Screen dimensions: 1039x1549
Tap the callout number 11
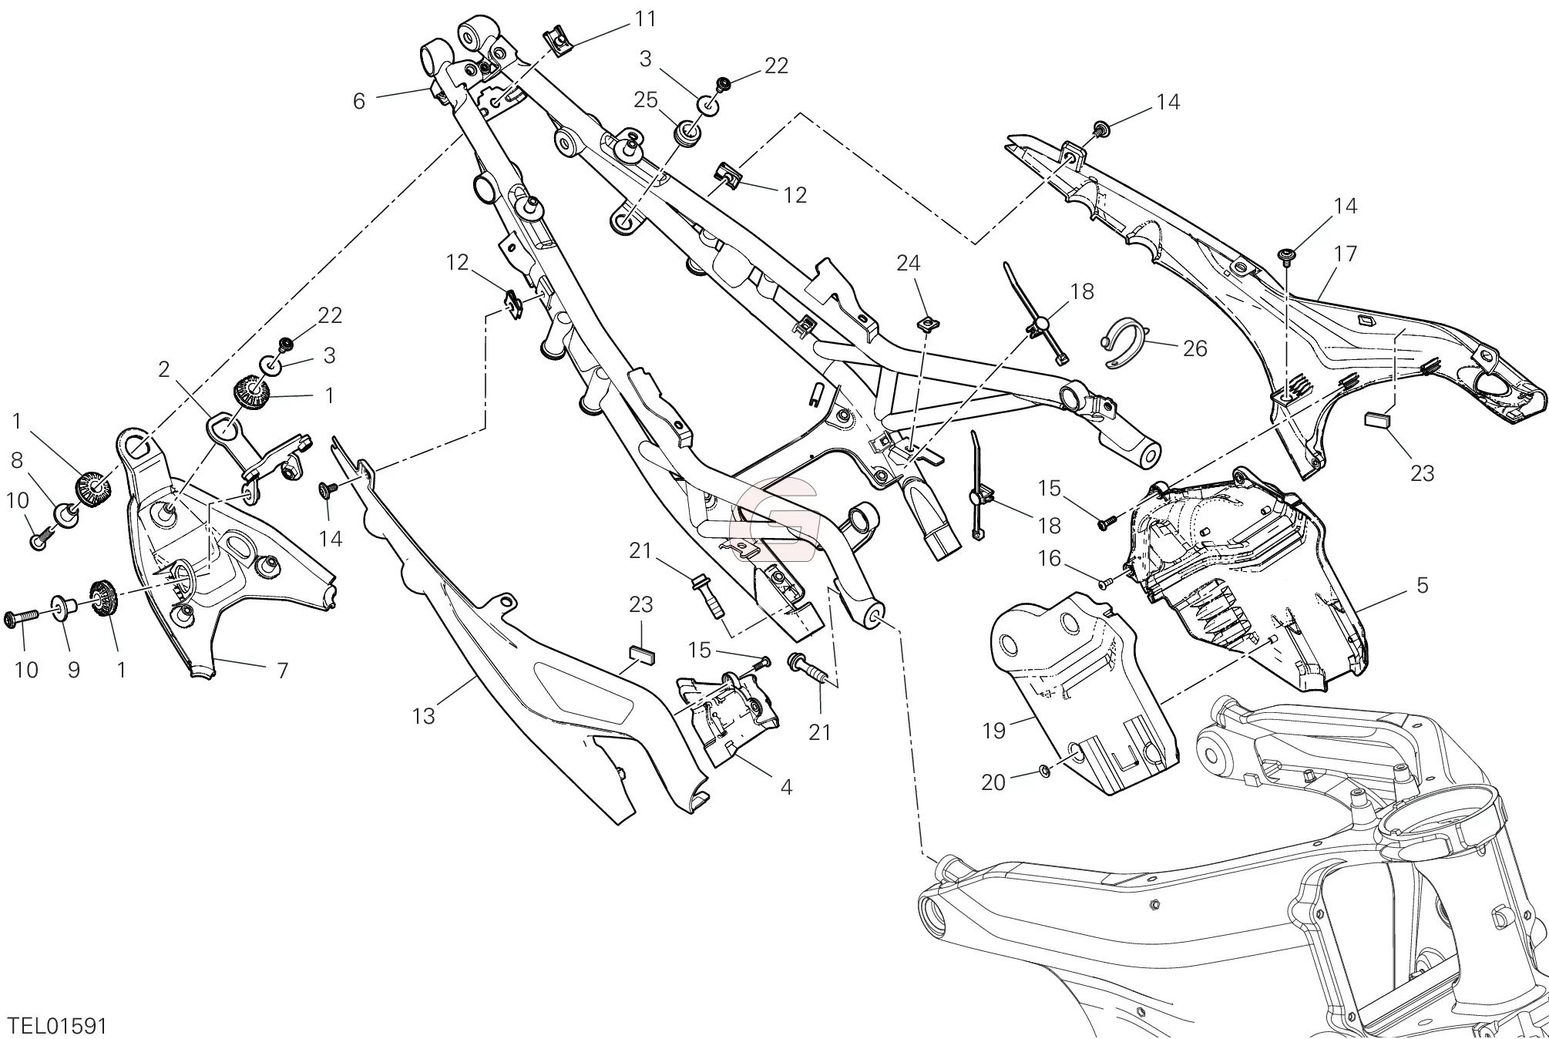coord(646,18)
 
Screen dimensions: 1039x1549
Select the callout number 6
coord(358,101)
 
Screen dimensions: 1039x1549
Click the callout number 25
coord(646,99)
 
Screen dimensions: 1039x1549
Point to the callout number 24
coord(908,264)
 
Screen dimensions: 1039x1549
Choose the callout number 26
coord(1195,348)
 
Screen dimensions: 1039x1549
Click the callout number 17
coord(1345,254)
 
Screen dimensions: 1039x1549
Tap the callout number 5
coord(1422,585)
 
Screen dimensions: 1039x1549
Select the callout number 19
coord(994,730)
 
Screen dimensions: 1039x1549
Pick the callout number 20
coord(993,782)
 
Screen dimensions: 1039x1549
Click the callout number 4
coord(786,787)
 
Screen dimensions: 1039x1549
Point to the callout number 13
coord(423,716)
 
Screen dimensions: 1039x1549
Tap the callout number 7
coord(282,671)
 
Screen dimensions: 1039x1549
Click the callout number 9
coord(74,670)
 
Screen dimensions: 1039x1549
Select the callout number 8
coord(17,461)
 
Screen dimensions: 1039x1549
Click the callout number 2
coord(163,370)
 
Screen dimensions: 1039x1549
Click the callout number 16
coord(1050,558)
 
